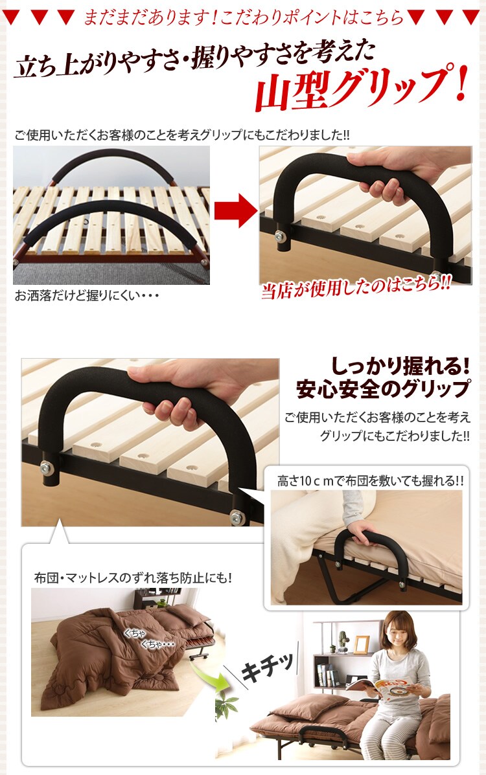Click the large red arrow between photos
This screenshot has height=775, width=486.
tap(235, 212)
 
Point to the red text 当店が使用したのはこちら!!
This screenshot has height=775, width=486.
tap(356, 288)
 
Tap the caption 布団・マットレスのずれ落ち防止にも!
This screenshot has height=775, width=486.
tap(133, 578)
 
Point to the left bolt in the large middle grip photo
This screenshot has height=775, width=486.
tap(47, 466)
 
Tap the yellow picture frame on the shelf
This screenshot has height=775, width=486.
tap(361, 644)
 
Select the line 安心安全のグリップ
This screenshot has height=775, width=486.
tap(382, 390)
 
